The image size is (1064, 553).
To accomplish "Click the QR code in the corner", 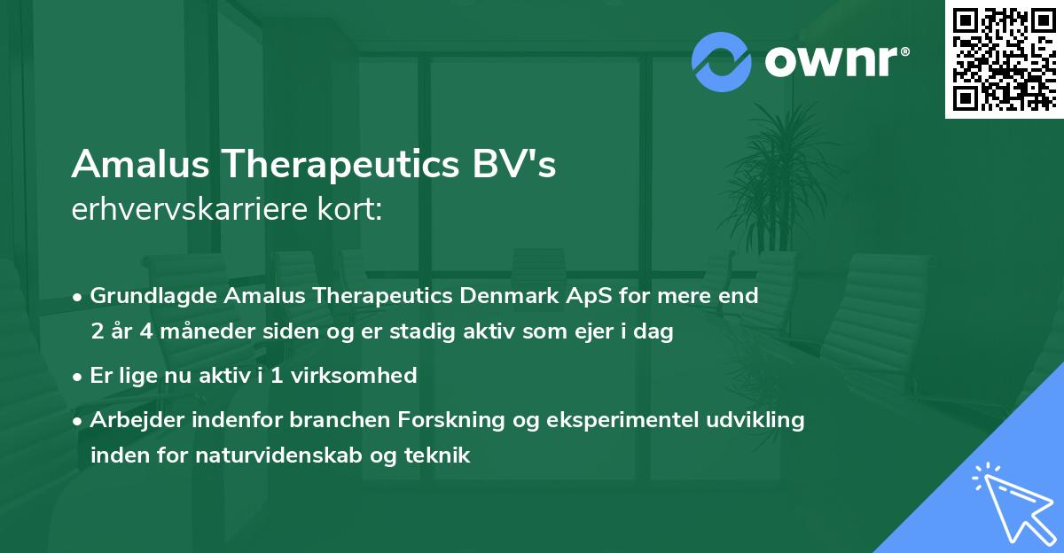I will coord(1005,58).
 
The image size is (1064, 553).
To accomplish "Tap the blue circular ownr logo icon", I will coord(721,62).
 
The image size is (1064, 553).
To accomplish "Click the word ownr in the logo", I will coord(832,62).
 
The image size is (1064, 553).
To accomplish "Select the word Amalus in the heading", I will coord(143,164).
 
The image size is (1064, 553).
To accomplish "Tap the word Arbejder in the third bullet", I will coord(130,420).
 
